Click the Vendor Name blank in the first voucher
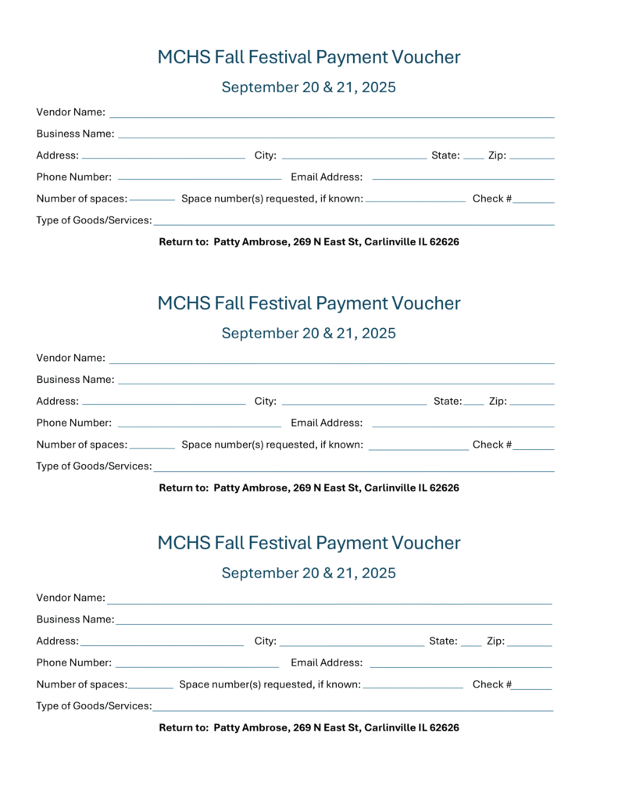[x=331, y=114]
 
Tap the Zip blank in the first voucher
[x=531, y=156]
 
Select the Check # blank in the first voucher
[x=534, y=200]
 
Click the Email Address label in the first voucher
[x=327, y=177]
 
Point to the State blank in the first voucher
[x=473, y=156]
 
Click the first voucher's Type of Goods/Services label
[x=94, y=220]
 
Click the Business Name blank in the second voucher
[x=336, y=381]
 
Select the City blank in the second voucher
[x=354, y=403]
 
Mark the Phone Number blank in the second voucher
[x=199, y=425]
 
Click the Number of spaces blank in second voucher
[x=152, y=446]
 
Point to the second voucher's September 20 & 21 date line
[x=309, y=334]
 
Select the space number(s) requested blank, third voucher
[x=413, y=686]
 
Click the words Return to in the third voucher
[x=184, y=728]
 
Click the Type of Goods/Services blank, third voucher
[x=353, y=709]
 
